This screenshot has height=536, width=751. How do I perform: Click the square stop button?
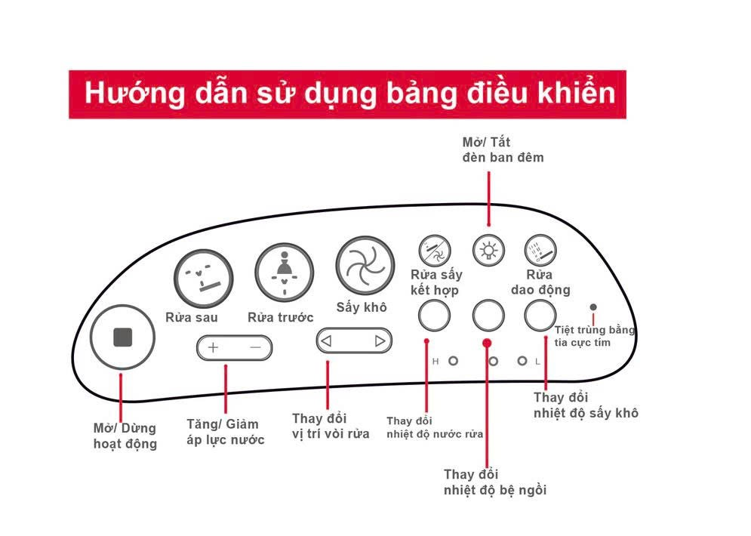click(x=122, y=337)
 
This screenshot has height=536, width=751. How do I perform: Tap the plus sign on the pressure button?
click(x=213, y=347)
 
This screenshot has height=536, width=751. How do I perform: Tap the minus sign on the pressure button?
click(x=255, y=347)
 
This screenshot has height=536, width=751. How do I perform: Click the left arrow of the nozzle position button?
click(x=326, y=341)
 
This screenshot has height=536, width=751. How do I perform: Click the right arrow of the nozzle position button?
click(x=380, y=341)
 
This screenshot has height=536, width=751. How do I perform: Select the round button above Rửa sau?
click(x=203, y=279)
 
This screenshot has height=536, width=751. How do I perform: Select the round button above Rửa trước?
click(x=285, y=272)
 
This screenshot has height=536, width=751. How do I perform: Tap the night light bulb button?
click(x=488, y=250)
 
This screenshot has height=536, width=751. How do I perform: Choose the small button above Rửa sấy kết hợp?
click(x=435, y=250)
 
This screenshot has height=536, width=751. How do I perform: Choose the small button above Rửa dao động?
click(x=540, y=250)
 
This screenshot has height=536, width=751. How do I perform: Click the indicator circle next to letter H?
click(x=453, y=361)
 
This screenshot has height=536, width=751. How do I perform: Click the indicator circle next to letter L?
click(x=522, y=361)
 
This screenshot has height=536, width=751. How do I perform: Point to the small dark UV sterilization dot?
click(x=593, y=307)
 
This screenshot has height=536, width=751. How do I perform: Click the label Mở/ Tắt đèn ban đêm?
click(x=503, y=149)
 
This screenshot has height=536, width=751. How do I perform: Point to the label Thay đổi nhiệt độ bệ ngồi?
click(x=495, y=482)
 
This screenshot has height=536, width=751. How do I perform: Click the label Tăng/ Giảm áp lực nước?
click(x=225, y=432)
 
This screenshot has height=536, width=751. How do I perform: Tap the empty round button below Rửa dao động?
click(x=540, y=316)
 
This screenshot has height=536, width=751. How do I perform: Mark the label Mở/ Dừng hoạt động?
click(x=125, y=436)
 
